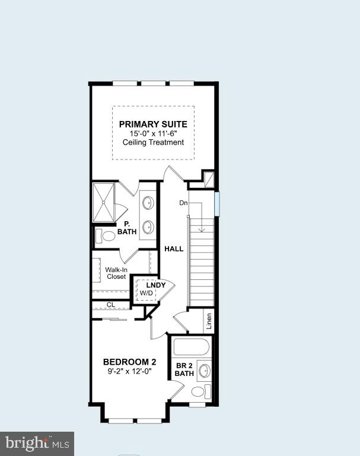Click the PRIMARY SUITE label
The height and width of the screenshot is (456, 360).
pos(153,124)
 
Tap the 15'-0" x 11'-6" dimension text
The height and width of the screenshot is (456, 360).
pos(153,133)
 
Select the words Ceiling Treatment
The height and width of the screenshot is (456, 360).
pos(153,142)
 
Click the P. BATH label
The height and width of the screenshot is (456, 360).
pos(126,228)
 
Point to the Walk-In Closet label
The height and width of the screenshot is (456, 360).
pos(116,273)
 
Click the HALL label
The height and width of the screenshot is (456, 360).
pos(174,248)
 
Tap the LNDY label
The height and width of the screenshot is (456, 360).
pos(148,285)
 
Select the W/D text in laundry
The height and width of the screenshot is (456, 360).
pos(146,293)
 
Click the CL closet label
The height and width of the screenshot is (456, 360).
pos(111,305)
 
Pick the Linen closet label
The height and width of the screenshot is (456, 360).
pos(209,321)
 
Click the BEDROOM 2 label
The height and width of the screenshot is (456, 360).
pos(129,362)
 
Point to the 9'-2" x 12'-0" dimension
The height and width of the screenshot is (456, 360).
pos(129,372)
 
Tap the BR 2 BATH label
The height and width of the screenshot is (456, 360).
pos(184,369)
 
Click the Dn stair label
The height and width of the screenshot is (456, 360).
pos(184,203)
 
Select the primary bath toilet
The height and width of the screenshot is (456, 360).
pos(107,236)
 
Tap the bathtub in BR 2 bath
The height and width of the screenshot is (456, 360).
pos(190,346)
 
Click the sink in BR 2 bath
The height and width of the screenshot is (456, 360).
pos(204,371)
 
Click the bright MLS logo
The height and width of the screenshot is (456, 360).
pos(37,443)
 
